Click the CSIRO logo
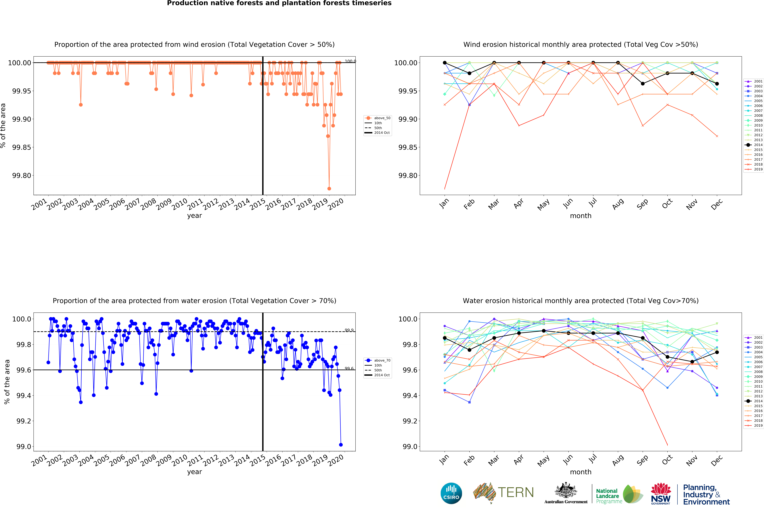click(x=451, y=493)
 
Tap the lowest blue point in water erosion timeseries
click(x=341, y=445)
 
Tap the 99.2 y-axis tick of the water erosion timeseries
click(x=24, y=421)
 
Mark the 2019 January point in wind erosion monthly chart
click(x=445, y=189)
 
